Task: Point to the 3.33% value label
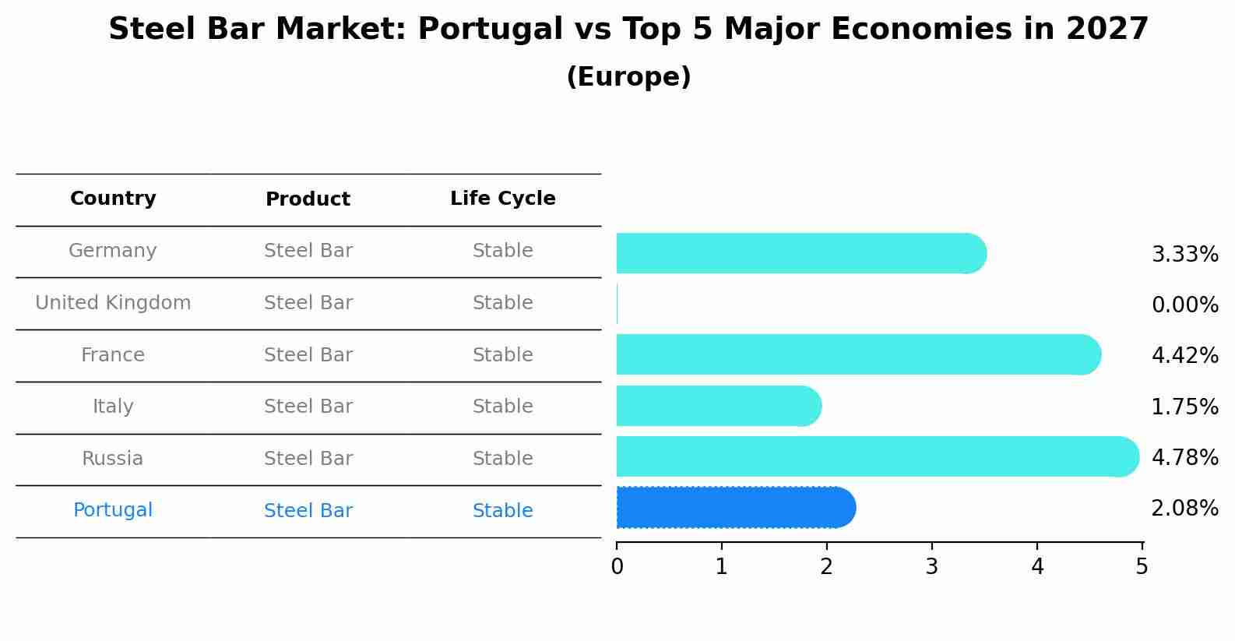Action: (1184, 255)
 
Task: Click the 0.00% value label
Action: (1184, 305)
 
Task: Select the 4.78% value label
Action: (1184, 457)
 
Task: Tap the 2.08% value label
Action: (1184, 509)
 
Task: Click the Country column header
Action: (113, 199)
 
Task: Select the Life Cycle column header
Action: (502, 199)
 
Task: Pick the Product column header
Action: (308, 199)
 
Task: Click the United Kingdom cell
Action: (113, 303)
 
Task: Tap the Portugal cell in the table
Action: (113, 510)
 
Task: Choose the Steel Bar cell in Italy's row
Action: (308, 407)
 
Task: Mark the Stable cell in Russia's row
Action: (502, 459)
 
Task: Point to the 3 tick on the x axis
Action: (932, 566)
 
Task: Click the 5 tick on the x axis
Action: (1142, 566)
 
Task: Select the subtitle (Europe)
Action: (628, 77)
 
